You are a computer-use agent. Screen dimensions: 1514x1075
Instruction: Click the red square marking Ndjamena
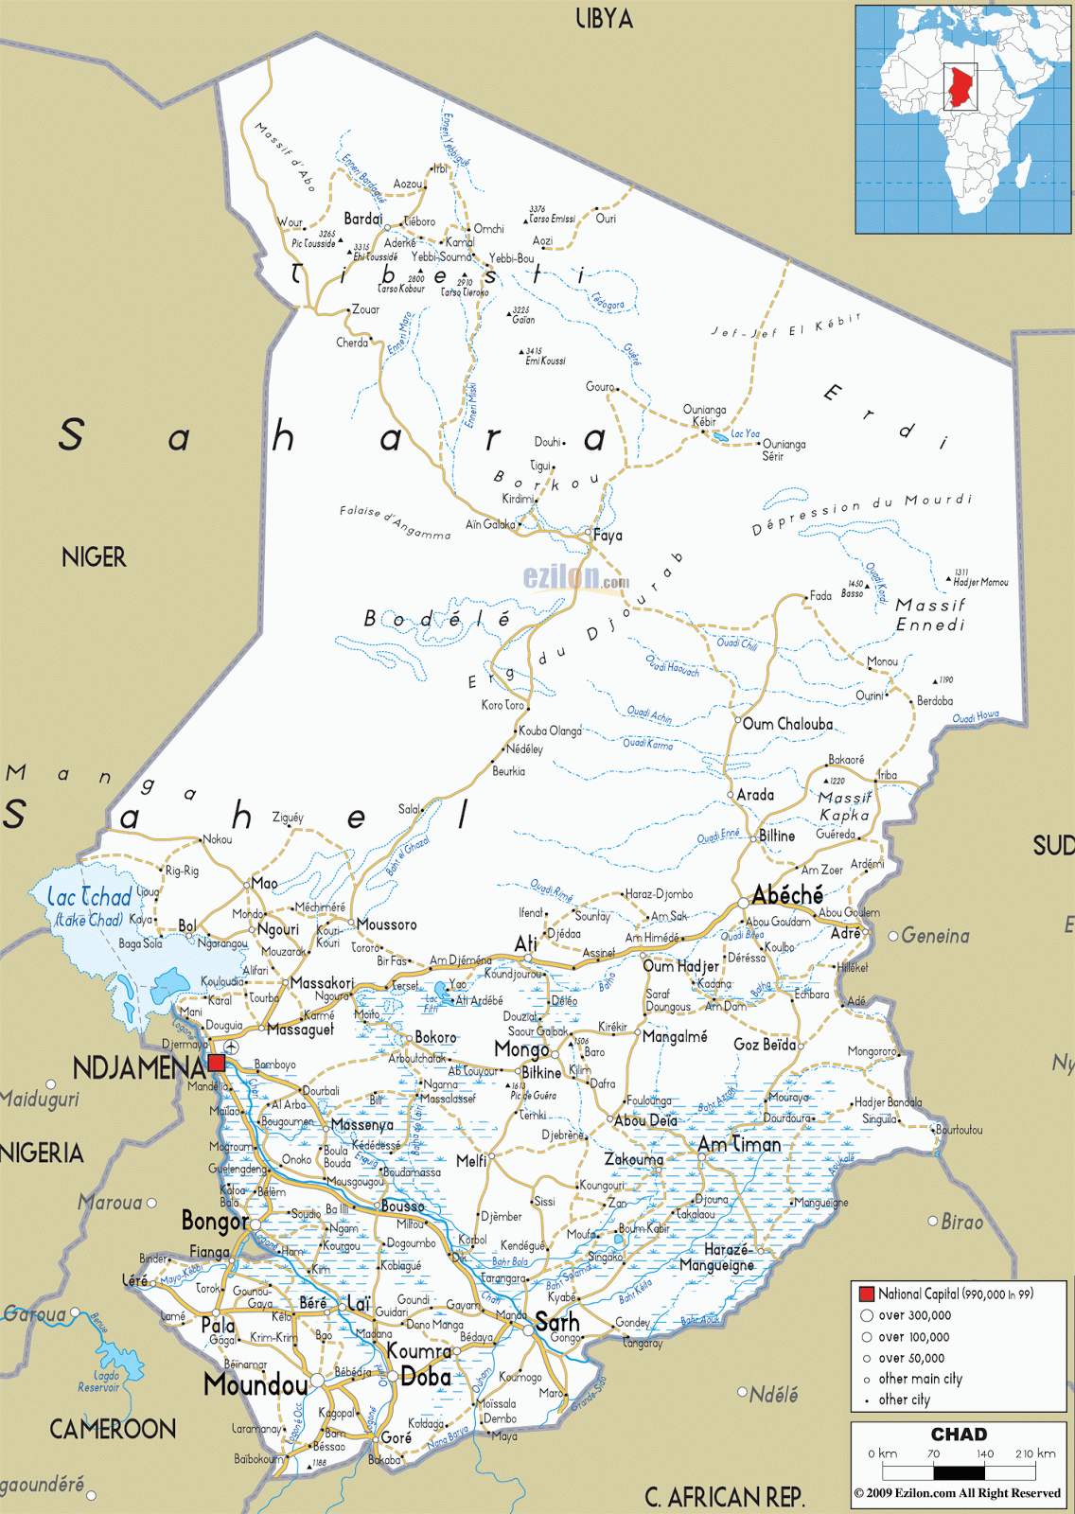pyautogui.click(x=217, y=1063)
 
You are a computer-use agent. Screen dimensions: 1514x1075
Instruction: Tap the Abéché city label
pyautogui.click(x=787, y=894)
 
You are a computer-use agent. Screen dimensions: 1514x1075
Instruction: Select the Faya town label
pyautogui.click(x=608, y=536)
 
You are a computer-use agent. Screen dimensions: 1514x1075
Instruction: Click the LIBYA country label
pyautogui.click(x=604, y=18)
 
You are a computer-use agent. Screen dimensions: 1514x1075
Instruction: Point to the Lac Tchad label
pyautogui.click(x=90, y=897)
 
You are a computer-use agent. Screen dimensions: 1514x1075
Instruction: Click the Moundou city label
pyautogui.click(x=256, y=1385)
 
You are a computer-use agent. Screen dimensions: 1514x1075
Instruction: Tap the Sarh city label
pyautogui.click(x=556, y=1322)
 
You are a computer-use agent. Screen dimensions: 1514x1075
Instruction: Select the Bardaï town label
pyautogui.click(x=363, y=219)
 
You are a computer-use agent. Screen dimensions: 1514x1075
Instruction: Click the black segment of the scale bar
pyautogui.click(x=959, y=1472)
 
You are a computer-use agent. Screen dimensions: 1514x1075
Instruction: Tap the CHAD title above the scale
pyautogui.click(x=959, y=1435)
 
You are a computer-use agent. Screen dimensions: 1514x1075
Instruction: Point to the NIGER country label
pyautogui.click(x=94, y=557)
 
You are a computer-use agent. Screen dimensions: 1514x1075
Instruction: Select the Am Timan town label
pyautogui.click(x=740, y=1144)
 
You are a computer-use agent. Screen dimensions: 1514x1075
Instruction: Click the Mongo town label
pyautogui.click(x=521, y=1049)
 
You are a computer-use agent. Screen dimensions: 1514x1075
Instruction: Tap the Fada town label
pyautogui.click(x=820, y=595)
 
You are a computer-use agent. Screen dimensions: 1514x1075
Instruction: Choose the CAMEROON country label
pyautogui.click(x=113, y=1429)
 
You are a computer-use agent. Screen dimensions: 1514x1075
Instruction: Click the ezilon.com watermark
pyautogui.click(x=575, y=576)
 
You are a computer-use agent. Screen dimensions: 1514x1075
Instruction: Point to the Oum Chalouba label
pyautogui.click(x=787, y=724)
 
